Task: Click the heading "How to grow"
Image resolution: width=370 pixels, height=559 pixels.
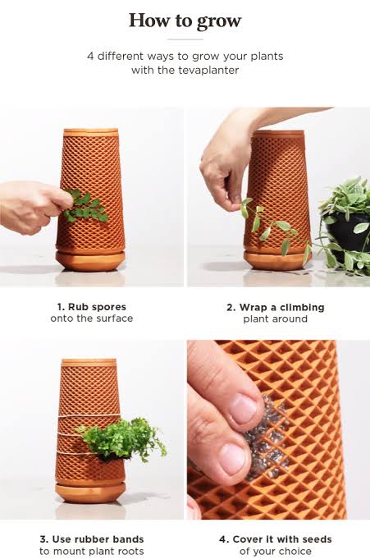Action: click(x=185, y=21)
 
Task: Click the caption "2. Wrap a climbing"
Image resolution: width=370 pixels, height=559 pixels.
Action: click(x=275, y=307)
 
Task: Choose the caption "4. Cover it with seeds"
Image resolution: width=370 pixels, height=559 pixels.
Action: click(x=275, y=539)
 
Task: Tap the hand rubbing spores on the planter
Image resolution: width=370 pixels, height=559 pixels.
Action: click(x=29, y=205)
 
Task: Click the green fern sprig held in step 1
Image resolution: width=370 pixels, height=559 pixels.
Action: click(x=86, y=207)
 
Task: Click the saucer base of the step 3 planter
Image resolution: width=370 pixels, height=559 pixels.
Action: click(x=90, y=493)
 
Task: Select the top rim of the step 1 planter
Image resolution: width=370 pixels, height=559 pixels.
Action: click(x=90, y=131)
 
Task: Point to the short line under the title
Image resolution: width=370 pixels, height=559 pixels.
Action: click(x=185, y=39)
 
